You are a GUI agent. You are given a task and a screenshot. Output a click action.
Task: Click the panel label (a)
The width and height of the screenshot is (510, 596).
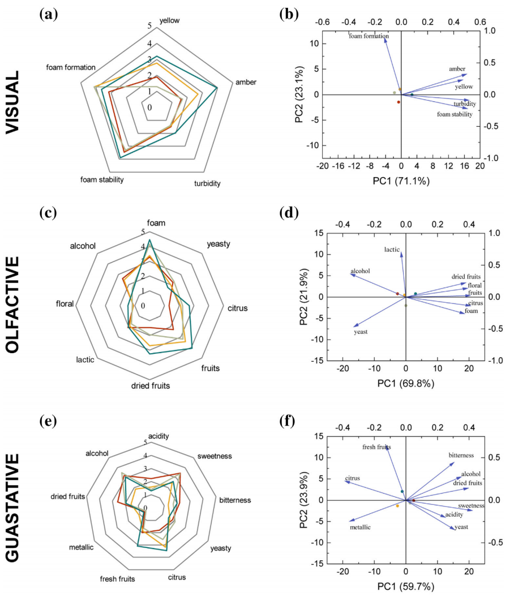[48, 15]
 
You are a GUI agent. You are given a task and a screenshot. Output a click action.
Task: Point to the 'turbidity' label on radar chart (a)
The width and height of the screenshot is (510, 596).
[207, 183]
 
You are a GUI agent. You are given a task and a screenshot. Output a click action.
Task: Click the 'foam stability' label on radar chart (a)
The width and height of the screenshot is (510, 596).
[102, 179]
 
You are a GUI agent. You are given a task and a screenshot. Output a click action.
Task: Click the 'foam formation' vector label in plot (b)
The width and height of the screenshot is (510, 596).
[368, 36]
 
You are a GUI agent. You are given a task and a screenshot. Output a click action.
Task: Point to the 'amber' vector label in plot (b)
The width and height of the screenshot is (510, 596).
[457, 68]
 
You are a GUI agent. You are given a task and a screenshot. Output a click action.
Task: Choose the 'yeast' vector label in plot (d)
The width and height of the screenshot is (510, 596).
[361, 332]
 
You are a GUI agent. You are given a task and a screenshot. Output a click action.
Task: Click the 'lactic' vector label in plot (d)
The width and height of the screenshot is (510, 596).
[392, 249]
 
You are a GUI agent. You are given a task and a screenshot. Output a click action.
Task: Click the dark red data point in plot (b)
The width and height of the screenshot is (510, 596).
[398, 102]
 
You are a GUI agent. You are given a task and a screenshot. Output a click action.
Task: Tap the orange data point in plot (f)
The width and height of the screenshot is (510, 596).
[397, 505]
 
